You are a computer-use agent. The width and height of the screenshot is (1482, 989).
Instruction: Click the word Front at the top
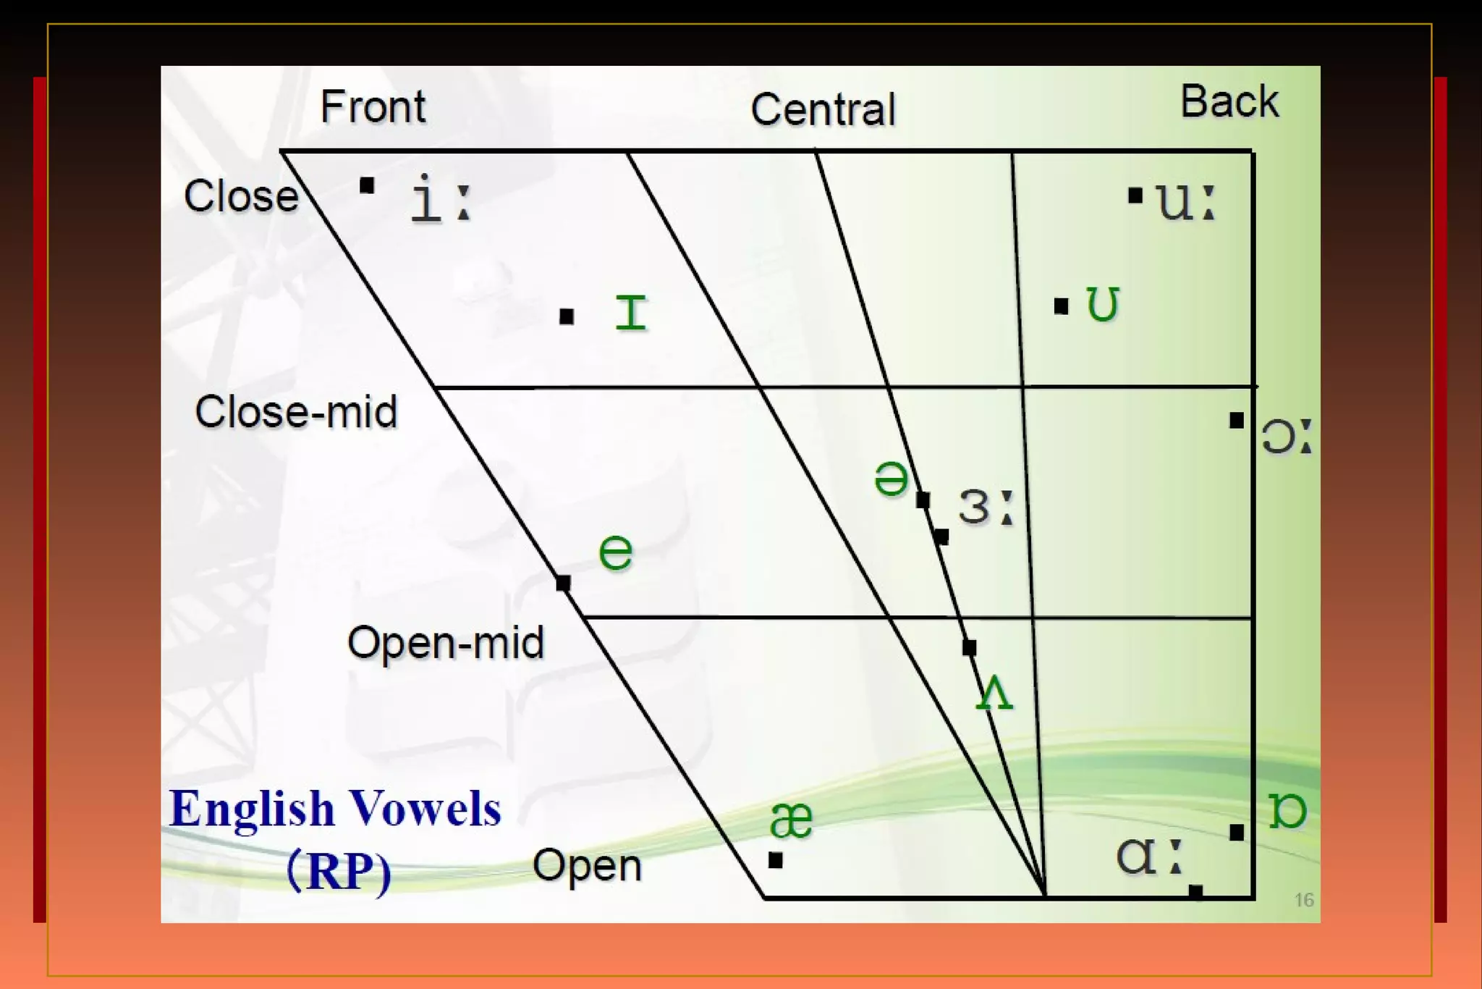click(x=373, y=107)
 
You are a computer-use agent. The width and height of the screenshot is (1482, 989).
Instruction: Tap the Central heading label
click(x=823, y=110)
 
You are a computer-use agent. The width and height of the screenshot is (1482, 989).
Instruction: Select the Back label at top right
click(x=1229, y=101)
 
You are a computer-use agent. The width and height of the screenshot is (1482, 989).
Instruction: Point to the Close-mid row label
click(x=296, y=412)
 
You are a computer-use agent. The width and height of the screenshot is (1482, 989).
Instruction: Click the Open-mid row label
click(x=445, y=643)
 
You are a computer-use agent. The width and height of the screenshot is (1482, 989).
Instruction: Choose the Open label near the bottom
click(x=587, y=865)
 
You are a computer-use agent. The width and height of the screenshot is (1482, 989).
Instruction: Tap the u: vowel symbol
click(x=1185, y=201)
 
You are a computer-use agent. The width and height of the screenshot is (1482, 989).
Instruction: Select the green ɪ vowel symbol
click(x=630, y=313)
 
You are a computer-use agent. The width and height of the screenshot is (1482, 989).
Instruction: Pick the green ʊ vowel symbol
click(x=1103, y=304)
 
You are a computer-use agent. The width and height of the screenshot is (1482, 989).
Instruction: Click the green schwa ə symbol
click(x=891, y=479)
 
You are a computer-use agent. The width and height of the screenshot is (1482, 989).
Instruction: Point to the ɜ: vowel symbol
click(x=985, y=506)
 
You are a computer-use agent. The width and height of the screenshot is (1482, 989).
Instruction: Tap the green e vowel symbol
click(x=616, y=552)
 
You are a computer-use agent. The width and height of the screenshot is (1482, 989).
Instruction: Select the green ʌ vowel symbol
click(x=994, y=693)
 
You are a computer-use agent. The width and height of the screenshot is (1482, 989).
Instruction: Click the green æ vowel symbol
click(x=791, y=820)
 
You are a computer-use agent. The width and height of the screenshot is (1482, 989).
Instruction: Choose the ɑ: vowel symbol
click(x=1148, y=857)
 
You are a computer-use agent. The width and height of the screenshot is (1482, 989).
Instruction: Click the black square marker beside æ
click(x=776, y=860)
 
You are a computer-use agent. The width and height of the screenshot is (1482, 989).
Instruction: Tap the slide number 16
click(x=1303, y=900)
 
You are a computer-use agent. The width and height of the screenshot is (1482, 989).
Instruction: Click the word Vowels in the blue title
click(x=425, y=809)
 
